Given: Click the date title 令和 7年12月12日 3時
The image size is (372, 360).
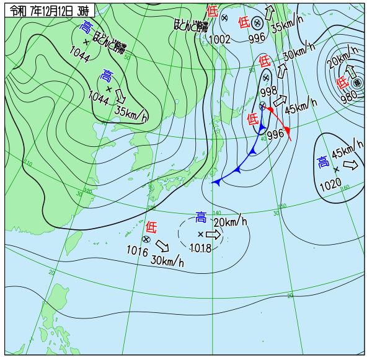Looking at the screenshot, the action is point(46,11).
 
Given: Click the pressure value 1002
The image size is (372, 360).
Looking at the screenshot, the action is point(219,39).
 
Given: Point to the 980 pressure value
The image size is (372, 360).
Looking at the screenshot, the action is point(348,96).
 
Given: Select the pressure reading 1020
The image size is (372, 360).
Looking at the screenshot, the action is point(330,185).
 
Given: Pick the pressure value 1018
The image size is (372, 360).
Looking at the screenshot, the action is point(201,248).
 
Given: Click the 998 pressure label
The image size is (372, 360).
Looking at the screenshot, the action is point(269,91).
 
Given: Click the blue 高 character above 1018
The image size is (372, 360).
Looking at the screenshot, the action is point(201,217).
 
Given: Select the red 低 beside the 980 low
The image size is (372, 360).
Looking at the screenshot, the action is point(342,82).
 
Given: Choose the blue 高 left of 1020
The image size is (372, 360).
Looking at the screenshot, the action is point(323,162).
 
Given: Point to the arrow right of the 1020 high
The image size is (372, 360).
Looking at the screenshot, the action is point(350,165).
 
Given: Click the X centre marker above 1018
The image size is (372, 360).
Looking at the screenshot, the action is point(200,234).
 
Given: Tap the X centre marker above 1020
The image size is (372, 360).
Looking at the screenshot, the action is point(336,169).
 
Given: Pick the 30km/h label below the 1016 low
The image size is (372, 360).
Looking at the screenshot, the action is point(167,261).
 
